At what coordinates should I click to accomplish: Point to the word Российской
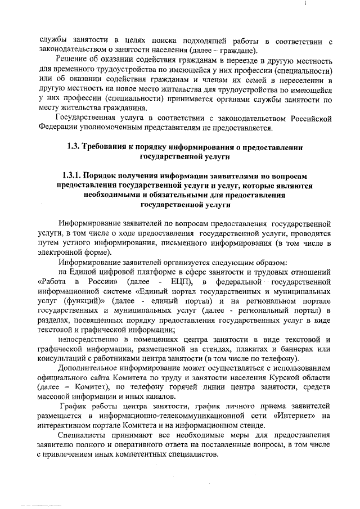point(305,119)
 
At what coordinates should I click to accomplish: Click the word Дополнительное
point(93,370)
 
